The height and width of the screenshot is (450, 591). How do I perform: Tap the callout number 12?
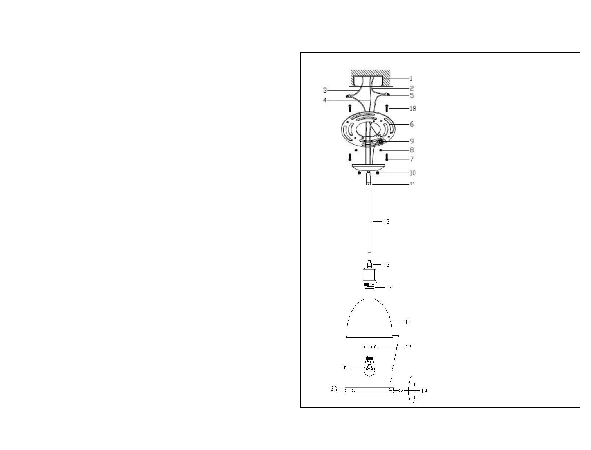pos(386,221)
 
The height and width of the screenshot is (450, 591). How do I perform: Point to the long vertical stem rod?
pos(369,221)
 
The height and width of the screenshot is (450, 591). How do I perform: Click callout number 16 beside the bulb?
pos(344,367)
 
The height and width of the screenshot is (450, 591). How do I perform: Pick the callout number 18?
pos(413,108)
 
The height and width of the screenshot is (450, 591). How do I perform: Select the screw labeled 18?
pos(387,108)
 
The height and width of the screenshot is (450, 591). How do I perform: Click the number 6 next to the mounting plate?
pos(412,124)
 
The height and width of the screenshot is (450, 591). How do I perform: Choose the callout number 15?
pos(408,321)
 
